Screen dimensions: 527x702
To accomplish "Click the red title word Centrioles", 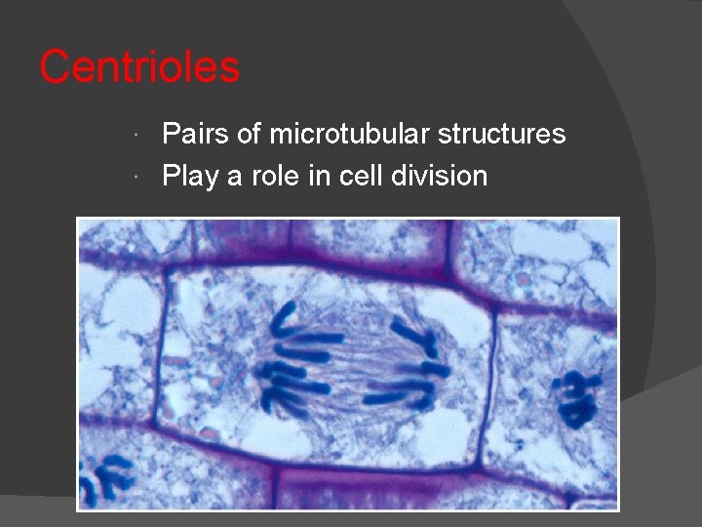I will coord(139,67).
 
